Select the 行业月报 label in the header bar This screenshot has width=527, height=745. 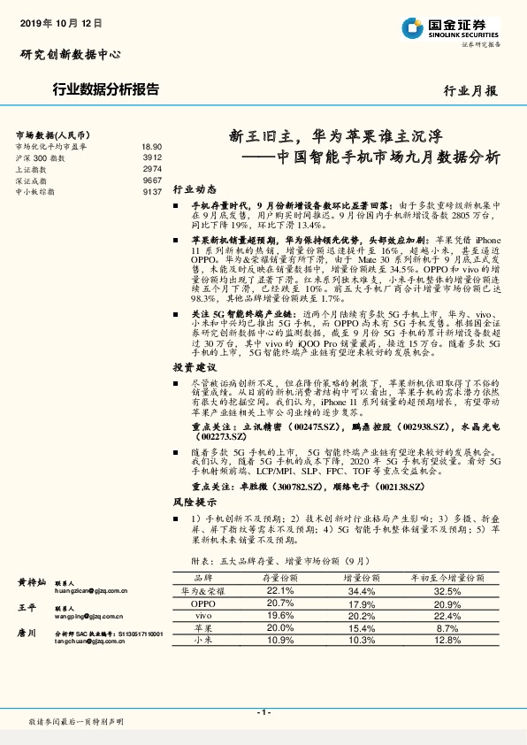[470, 90]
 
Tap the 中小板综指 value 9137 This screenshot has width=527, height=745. [152, 191]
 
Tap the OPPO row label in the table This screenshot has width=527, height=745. [203, 603]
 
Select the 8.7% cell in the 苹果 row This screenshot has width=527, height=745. [447, 626]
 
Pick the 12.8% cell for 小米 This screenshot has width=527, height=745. [447, 639]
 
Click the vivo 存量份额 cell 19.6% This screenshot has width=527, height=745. [279, 615]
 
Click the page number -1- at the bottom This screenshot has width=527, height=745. [263, 712]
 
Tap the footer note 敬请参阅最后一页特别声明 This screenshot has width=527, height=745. [76, 723]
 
